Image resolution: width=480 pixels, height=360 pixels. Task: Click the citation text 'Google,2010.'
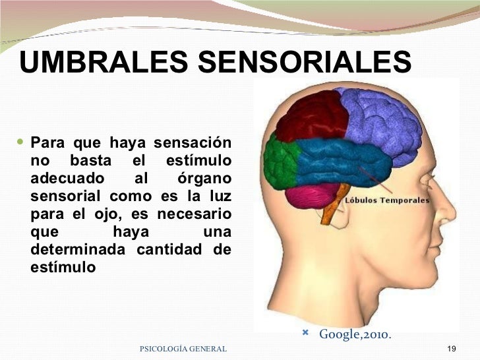point(355,335)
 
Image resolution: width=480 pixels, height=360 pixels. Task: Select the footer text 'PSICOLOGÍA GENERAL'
point(184,347)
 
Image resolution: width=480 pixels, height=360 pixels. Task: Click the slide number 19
point(452,347)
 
